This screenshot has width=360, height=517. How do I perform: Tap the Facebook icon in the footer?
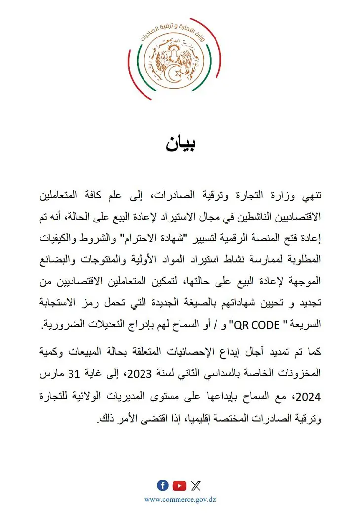[x=162, y=485]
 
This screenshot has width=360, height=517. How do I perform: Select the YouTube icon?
[x=180, y=486]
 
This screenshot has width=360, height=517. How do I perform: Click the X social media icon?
[x=196, y=486]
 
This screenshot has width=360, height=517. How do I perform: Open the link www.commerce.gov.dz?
[x=180, y=500]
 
